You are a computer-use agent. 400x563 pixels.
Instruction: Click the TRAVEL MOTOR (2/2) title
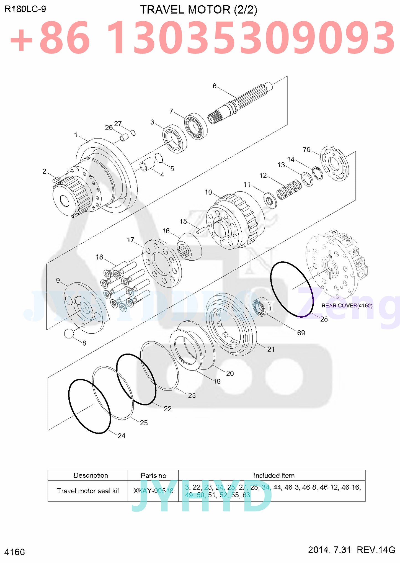198,10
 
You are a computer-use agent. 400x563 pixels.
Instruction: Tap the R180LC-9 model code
25,9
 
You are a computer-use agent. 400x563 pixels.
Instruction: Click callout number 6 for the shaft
214,86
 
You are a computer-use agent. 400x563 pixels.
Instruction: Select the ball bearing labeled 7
196,126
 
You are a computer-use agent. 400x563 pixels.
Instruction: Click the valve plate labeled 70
334,163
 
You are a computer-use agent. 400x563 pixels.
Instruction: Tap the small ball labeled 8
69,333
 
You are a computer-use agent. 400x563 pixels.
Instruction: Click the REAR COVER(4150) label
347,305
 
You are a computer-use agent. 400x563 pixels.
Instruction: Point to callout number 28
324,319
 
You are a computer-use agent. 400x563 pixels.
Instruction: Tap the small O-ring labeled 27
133,133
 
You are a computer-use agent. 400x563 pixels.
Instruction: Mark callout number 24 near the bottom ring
122,436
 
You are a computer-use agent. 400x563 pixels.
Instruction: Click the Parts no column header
153,475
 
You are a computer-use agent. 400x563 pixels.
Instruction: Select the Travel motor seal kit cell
88,491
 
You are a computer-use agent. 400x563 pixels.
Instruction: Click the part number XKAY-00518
153,491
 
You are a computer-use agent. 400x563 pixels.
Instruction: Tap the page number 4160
15,552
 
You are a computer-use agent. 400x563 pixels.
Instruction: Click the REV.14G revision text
376,550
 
